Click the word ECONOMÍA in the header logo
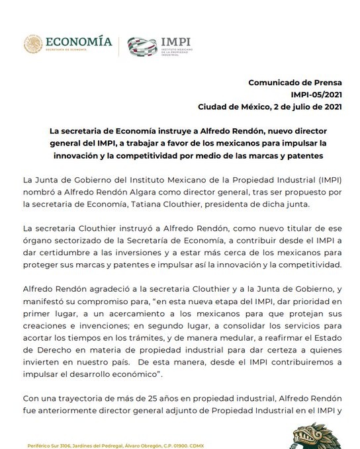coord(79,41)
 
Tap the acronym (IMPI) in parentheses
coord(322,179)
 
